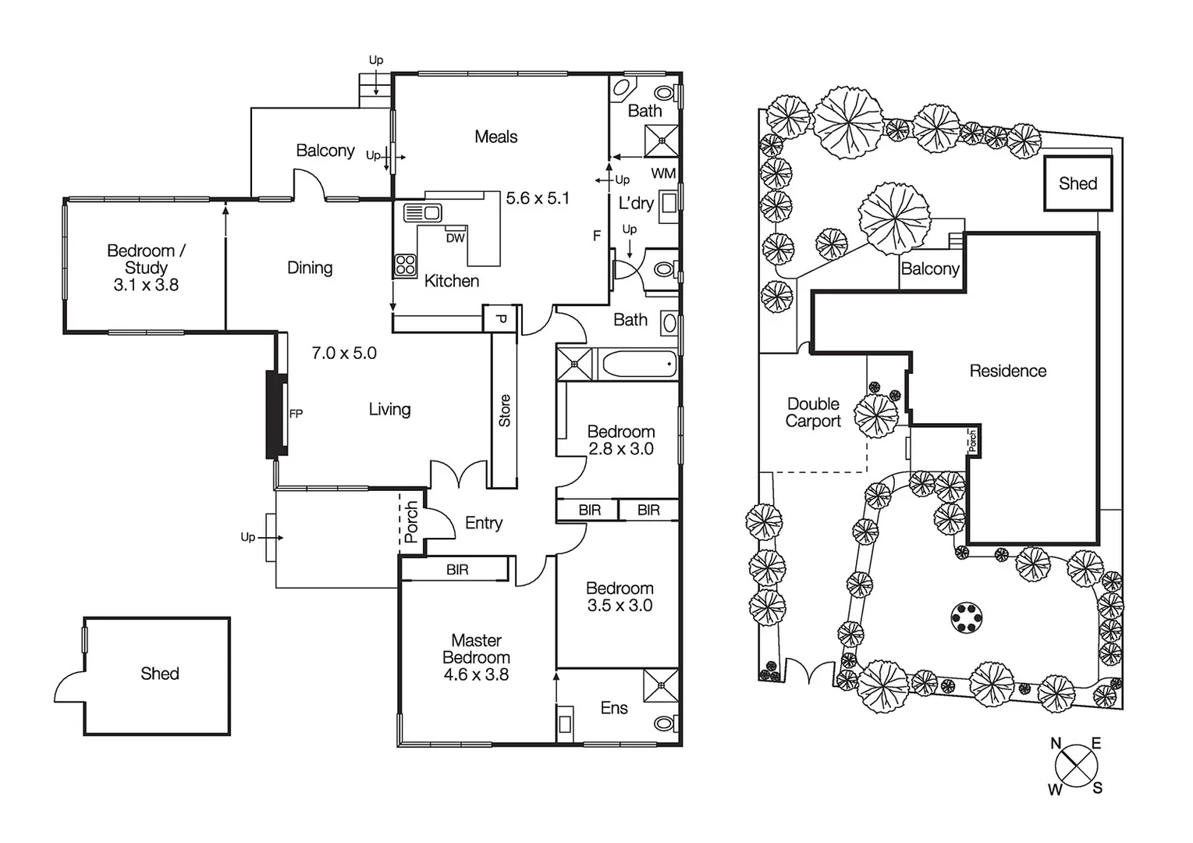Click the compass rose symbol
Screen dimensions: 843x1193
pyautogui.click(x=1076, y=765)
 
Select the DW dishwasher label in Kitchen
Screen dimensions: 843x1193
pyautogui.click(x=456, y=238)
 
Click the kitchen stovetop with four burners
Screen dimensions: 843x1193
pyautogui.click(x=405, y=265)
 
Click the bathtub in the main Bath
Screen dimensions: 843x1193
pyautogui.click(x=637, y=364)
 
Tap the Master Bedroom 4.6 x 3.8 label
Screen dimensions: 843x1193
pyautogui.click(x=476, y=657)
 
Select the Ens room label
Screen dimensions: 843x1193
pyautogui.click(x=614, y=708)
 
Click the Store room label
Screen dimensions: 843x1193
pyautogui.click(x=505, y=411)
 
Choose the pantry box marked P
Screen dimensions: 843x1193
pyautogui.click(x=501, y=318)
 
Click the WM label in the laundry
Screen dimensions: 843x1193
pyautogui.click(x=663, y=173)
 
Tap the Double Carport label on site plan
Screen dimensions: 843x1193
pyautogui.click(x=813, y=412)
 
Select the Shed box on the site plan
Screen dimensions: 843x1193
pyautogui.click(x=1078, y=183)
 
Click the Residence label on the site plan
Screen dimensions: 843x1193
pyautogui.click(x=1007, y=371)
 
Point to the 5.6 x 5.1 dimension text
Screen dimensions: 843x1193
pyautogui.click(x=538, y=198)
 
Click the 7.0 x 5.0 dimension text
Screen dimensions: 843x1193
pyautogui.click(x=344, y=353)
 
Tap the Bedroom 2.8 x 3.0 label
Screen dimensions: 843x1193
pyautogui.click(x=620, y=440)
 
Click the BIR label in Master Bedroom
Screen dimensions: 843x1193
pyautogui.click(x=457, y=570)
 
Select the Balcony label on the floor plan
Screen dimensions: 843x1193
pyautogui.click(x=325, y=151)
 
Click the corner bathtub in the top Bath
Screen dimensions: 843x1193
pyautogui.click(x=623, y=87)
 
